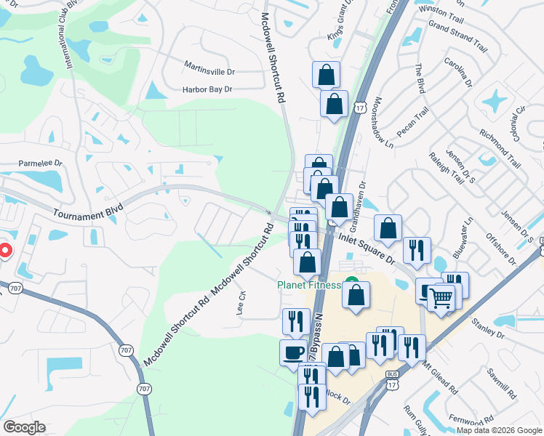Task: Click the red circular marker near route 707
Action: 4,251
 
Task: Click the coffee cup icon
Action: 294,352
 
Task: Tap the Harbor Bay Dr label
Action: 207,89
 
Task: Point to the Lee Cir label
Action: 241,303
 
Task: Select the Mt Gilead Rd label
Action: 439,378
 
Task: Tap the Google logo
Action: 24,427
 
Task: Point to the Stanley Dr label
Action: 487,328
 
